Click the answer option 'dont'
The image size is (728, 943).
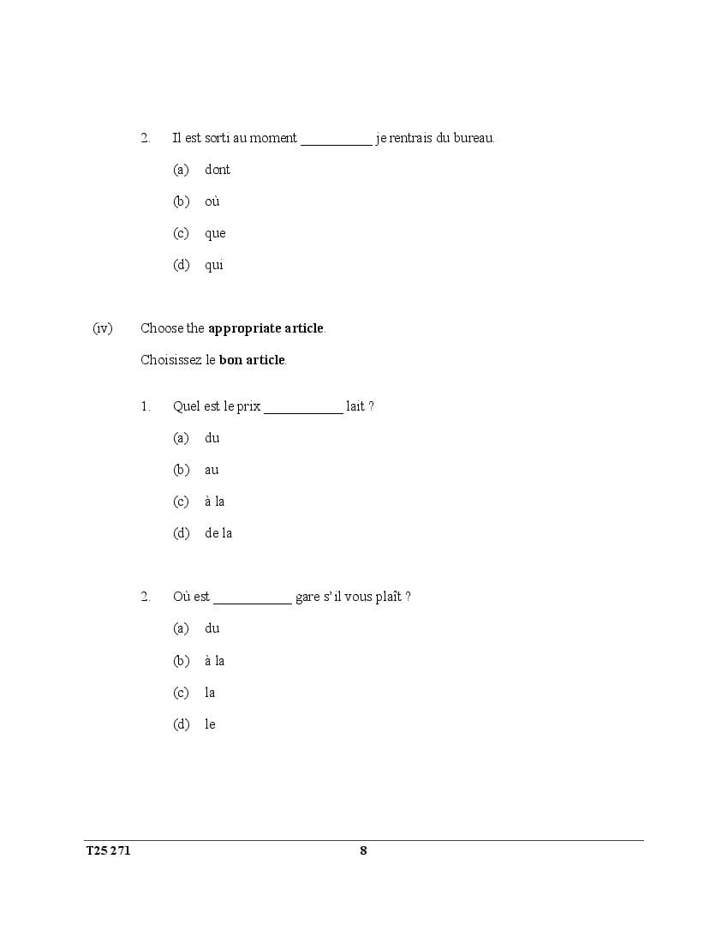tap(218, 170)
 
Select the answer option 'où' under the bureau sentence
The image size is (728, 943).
tap(212, 201)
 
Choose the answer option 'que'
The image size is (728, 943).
tap(215, 233)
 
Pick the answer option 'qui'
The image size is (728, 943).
tap(214, 265)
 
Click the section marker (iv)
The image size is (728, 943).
tap(103, 327)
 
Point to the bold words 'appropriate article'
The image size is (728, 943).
tap(266, 327)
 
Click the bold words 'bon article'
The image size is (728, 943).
tap(251, 360)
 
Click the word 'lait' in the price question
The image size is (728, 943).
tap(355, 406)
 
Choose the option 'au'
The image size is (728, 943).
tap(212, 470)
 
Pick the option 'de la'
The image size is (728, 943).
tap(218, 533)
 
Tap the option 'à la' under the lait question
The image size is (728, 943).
tap(214, 502)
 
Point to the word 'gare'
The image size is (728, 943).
tap(307, 598)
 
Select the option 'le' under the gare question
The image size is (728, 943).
tap(210, 724)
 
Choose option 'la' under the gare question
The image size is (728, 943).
tap(210, 693)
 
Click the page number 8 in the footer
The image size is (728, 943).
tap(363, 850)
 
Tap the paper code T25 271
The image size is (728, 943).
tap(108, 850)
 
